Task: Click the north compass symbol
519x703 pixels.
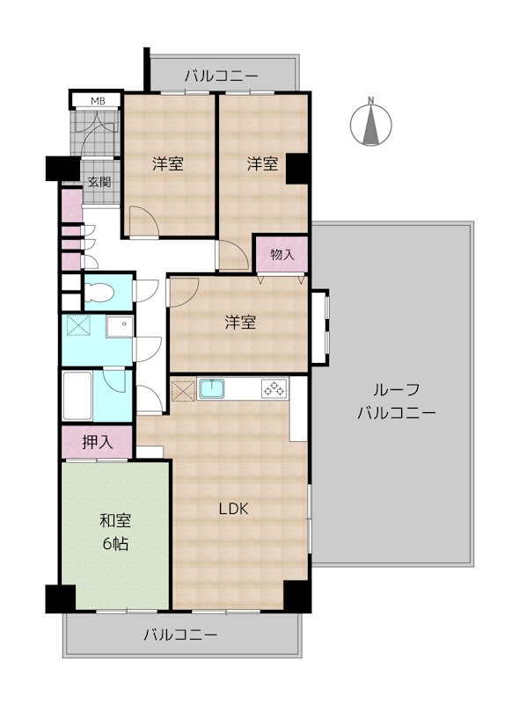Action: click(x=372, y=123)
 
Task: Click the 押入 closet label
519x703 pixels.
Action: click(x=97, y=442)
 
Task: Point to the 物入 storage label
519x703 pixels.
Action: click(x=281, y=255)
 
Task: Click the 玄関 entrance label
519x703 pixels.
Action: click(x=99, y=183)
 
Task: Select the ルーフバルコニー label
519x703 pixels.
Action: click(x=395, y=402)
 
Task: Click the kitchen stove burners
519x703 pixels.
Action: click(x=274, y=388)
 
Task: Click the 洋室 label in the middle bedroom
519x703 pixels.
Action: click(x=239, y=323)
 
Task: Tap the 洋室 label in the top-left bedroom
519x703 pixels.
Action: click(x=167, y=163)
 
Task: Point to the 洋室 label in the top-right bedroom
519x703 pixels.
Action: click(x=262, y=163)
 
